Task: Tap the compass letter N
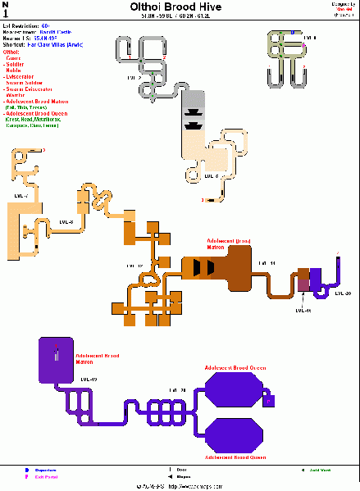point(7,5)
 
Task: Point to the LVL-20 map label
point(343,293)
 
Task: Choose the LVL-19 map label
point(89,379)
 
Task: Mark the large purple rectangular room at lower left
point(56,361)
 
